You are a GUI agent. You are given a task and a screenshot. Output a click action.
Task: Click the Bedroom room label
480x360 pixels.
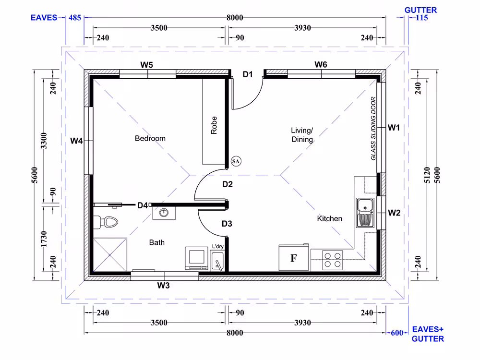[x=150, y=138]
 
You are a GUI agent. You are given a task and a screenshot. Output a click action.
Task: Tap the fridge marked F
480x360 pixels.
[x=294, y=257]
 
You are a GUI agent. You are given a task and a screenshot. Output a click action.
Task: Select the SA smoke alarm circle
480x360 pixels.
[x=236, y=161]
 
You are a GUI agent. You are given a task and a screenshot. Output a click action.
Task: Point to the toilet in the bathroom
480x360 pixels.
[x=106, y=222]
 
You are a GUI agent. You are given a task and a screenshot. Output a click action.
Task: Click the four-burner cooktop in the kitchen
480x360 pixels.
[x=333, y=260]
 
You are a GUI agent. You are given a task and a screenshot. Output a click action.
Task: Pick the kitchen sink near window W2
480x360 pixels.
[x=365, y=213]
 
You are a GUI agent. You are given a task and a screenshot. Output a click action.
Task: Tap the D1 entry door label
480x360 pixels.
[x=248, y=74]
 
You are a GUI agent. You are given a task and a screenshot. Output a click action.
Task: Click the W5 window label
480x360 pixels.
[x=146, y=65]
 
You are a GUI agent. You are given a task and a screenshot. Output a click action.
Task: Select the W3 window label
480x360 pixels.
[x=164, y=286]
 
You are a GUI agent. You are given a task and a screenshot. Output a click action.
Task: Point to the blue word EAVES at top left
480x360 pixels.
[x=44, y=18]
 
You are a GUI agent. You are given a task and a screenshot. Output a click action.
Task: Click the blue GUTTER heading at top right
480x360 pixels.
[x=420, y=10]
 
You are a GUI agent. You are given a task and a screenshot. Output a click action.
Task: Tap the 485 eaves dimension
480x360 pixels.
[x=75, y=18]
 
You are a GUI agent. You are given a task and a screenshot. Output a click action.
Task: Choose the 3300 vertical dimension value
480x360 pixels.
[x=44, y=141]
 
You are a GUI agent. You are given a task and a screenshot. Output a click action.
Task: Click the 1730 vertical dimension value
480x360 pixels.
[x=44, y=239]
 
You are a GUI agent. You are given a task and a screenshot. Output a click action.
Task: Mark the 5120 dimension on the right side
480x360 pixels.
[x=427, y=175]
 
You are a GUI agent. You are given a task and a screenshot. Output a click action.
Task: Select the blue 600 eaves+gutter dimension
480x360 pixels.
[x=397, y=333]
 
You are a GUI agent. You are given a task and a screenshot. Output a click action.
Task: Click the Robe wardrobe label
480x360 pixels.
[x=214, y=125]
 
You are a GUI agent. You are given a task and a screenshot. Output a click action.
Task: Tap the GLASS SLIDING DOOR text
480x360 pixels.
[x=373, y=129]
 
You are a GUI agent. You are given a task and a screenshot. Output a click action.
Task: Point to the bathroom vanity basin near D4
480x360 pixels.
[x=164, y=213]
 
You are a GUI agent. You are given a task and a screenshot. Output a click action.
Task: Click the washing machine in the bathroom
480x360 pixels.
[x=196, y=258]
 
